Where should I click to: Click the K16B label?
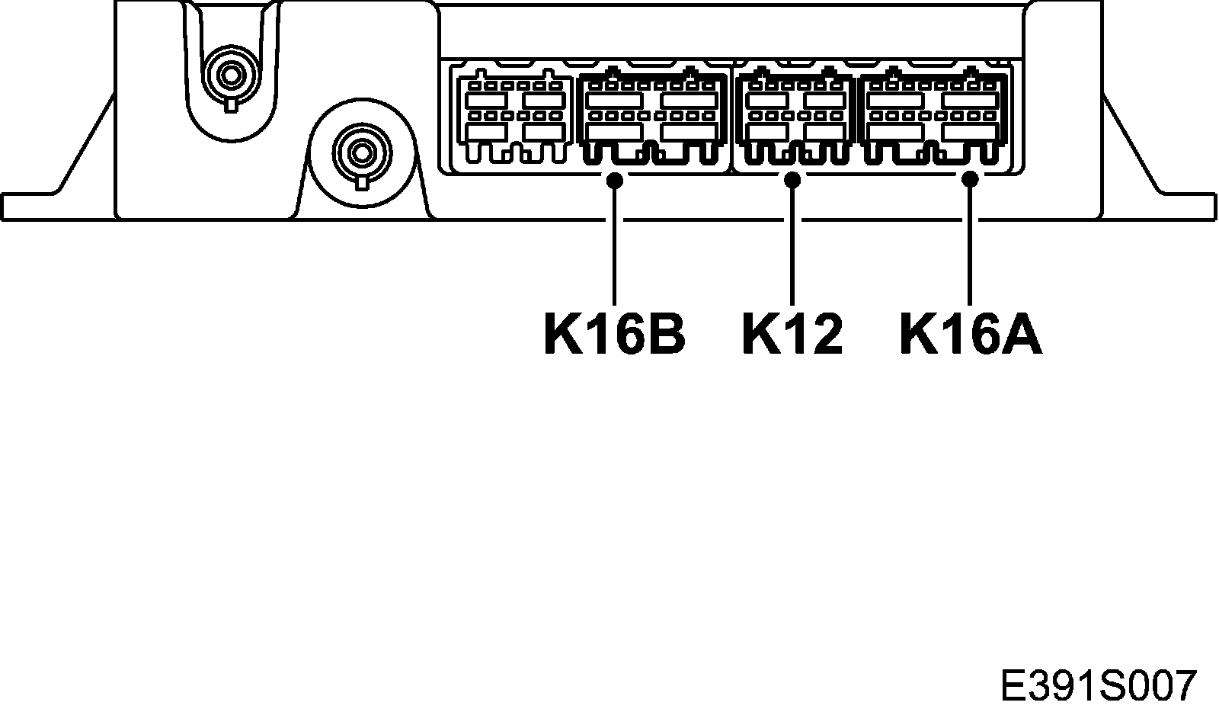[614, 334]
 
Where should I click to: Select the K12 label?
[792, 334]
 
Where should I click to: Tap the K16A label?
[971, 334]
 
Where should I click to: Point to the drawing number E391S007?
[1098, 686]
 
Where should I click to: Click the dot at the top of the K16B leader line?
[614, 180]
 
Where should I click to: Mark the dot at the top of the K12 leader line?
[792, 180]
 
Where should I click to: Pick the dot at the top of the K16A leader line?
[970, 180]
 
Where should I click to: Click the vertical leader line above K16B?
[614, 244]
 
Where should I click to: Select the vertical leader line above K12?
[792, 244]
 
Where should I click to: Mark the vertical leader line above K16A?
[970, 244]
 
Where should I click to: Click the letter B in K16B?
[664, 334]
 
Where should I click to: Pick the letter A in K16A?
[1019, 334]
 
